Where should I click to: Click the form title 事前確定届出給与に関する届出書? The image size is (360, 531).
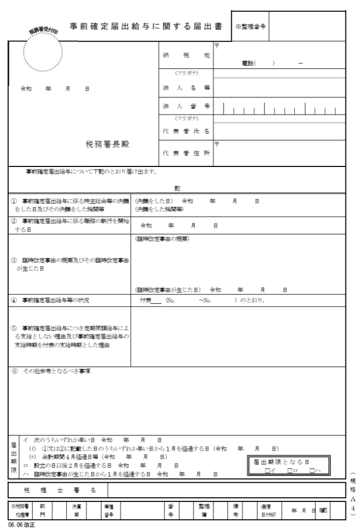[x=149, y=26]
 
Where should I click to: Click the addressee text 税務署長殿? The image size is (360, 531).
[x=107, y=145]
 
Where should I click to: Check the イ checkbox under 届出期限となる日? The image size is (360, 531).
[x=267, y=470]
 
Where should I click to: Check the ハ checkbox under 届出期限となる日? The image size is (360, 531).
[x=311, y=470]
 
